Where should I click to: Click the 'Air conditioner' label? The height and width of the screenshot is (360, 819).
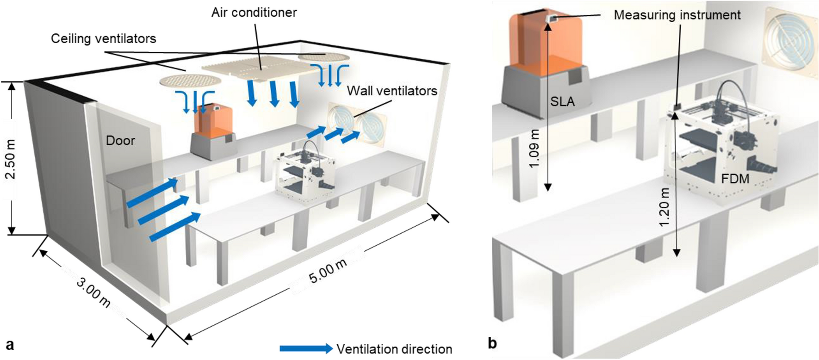(x=254, y=12)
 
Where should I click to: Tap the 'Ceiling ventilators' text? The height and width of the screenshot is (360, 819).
(x=103, y=38)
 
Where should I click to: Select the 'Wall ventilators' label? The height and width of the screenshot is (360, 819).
(x=392, y=91)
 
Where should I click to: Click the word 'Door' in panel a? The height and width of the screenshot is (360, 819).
(x=120, y=141)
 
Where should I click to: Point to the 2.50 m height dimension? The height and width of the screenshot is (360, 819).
(x=10, y=159)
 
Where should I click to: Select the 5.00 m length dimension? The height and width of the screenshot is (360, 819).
(x=328, y=271)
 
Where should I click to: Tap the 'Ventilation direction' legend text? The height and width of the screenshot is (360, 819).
(x=394, y=349)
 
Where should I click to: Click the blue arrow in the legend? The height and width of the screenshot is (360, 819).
(x=306, y=349)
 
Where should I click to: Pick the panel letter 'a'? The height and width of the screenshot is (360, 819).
(x=10, y=344)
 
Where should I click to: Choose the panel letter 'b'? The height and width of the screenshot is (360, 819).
(x=492, y=343)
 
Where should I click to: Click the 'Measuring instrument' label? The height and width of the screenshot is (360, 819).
(x=677, y=15)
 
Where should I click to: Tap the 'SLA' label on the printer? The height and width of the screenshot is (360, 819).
(x=562, y=101)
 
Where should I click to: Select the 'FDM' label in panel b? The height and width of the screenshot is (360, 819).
(x=735, y=179)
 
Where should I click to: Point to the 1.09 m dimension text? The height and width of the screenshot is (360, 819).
(x=534, y=149)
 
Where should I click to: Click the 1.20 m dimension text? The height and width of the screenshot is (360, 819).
(x=664, y=207)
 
